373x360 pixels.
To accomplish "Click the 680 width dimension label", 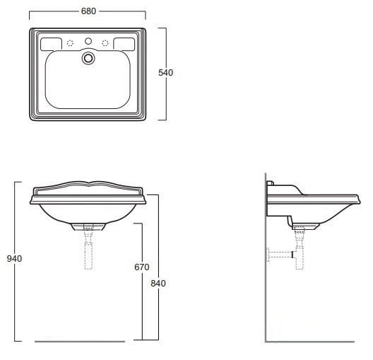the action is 88,11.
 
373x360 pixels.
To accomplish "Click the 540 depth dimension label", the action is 165,73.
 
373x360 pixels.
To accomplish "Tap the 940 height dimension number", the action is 14,259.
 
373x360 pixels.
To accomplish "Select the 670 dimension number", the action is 142,267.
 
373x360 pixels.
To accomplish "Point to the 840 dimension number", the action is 158,284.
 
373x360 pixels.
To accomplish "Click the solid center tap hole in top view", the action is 88,41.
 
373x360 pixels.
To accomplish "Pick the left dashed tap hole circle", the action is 70,43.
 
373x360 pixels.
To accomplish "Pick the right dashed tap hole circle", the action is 105,43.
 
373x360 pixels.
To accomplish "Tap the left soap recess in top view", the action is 51,44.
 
